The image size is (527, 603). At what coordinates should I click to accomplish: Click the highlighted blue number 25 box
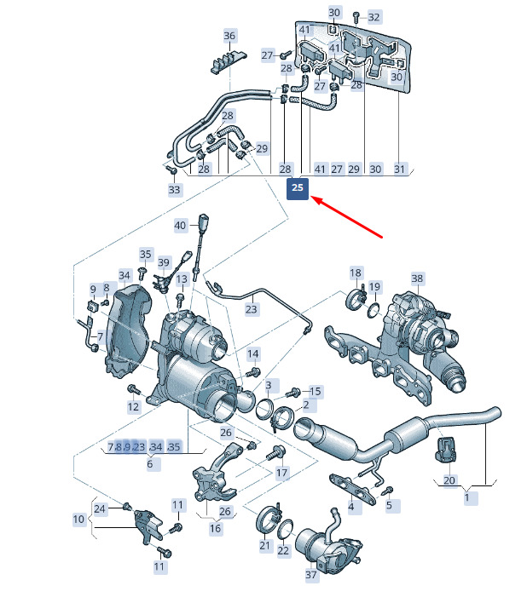tap(297, 187)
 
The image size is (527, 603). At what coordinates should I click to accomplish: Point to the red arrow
tap(349, 217)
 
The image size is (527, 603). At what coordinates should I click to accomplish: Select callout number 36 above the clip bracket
tap(229, 36)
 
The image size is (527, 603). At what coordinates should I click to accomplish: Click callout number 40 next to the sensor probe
tap(180, 226)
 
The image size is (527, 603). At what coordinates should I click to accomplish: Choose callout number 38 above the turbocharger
tap(417, 279)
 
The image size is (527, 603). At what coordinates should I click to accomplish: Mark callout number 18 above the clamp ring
tap(356, 273)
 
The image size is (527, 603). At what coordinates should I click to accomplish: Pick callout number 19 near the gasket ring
tap(375, 286)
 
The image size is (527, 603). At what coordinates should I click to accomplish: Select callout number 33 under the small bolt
tap(174, 190)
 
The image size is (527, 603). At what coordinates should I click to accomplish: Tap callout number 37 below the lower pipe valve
tap(310, 576)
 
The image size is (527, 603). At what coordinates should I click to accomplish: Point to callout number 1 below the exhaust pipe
tap(466, 497)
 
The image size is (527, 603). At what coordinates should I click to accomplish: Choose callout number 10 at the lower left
tap(78, 519)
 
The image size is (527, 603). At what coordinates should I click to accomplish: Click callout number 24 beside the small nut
tap(101, 509)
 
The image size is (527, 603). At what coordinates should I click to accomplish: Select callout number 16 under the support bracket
tap(215, 528)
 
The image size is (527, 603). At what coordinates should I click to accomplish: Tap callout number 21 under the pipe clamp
tap(264, 545)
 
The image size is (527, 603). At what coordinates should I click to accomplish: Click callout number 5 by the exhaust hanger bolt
tap(389, 505)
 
